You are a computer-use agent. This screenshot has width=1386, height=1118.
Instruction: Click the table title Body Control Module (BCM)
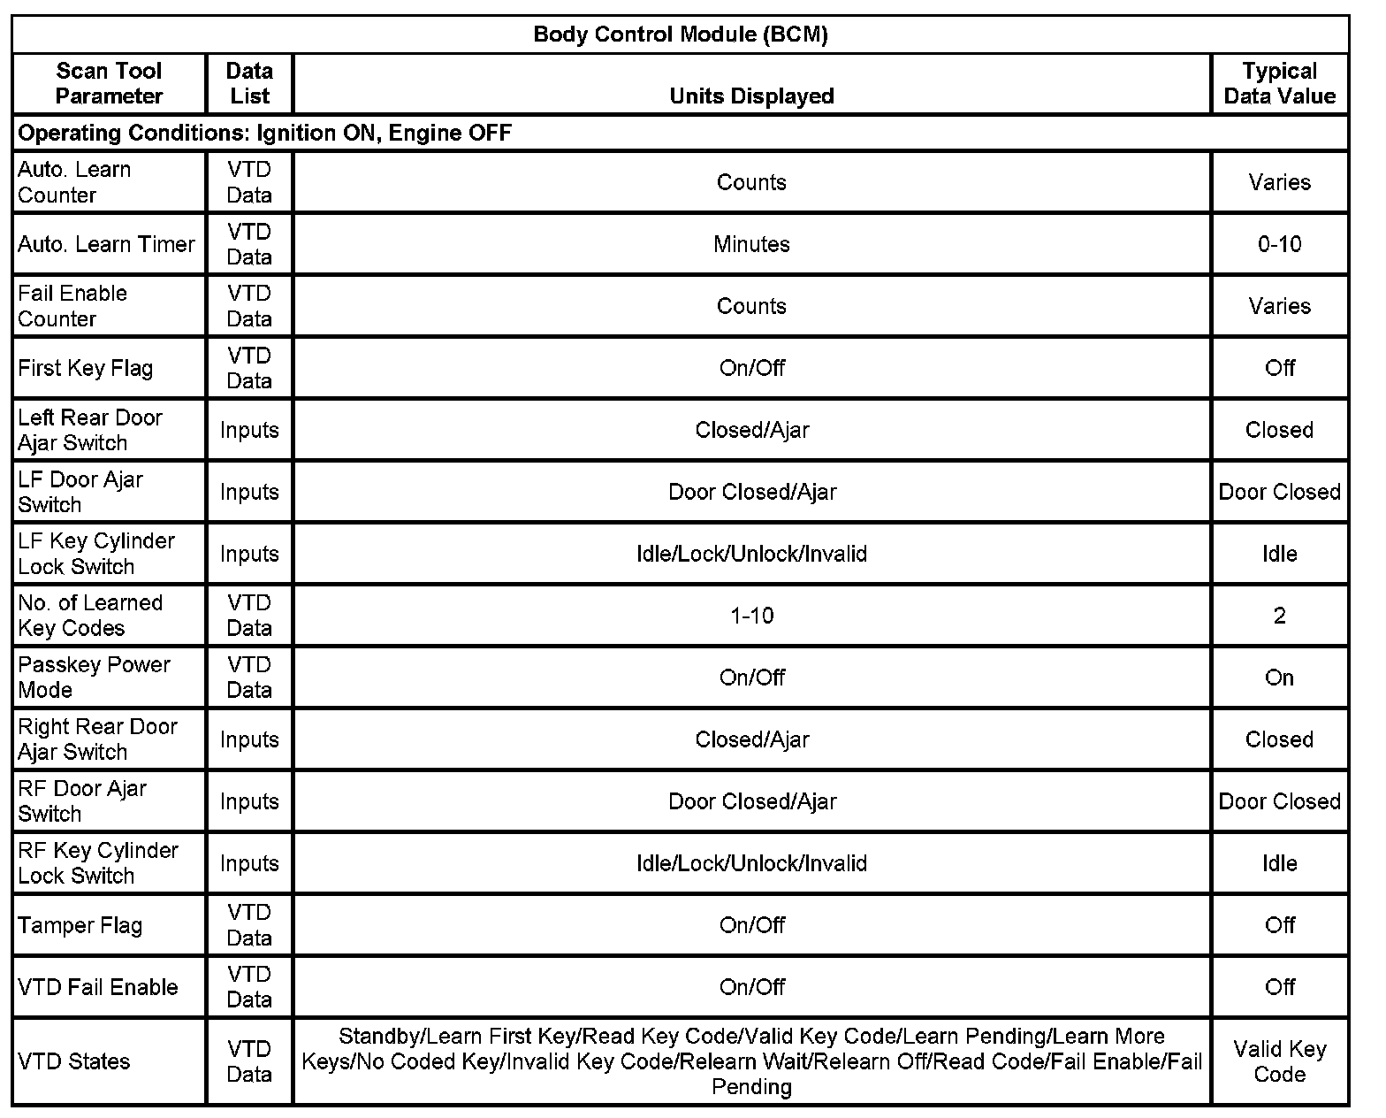click(x=680, y=34)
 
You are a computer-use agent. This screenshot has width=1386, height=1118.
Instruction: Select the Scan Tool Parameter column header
click(x=109, y=83)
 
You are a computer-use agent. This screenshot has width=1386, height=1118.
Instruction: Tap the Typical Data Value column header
click(x=1279, y=83)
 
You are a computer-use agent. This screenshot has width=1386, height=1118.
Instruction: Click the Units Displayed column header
click(x=751, y=96)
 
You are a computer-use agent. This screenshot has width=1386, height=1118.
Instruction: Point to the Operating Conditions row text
click(x=265, y=133)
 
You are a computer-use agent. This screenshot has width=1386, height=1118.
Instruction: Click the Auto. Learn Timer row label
click(x=106, y=244)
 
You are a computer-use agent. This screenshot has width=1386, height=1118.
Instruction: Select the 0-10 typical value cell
click(x=1279, y=244)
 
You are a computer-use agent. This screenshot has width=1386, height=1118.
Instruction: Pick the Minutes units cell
click(x=751, y=244)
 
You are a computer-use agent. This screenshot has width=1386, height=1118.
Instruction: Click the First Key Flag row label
click(x=86, y=368)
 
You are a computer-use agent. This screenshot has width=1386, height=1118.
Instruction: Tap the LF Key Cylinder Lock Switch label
click(x=96, y=554)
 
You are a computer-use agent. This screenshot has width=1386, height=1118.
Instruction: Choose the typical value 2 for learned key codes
click(x=1279, y=616)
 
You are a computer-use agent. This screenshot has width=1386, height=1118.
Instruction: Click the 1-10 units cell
click(x=751, y=616)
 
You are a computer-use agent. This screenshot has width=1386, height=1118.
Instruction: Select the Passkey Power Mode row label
click(x=94, y=678)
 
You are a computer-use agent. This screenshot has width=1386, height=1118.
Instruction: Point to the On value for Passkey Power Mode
click(x=1279, y=678)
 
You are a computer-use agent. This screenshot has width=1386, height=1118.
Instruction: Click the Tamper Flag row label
click(x=80, y=925)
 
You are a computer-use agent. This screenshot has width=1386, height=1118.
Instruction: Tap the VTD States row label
click(x=74, y=1061)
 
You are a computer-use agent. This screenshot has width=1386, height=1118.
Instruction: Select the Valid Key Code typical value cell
click(x=1279, y=1061)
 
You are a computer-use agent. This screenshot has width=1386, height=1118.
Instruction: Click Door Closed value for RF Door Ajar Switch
click(x=1279, y=801)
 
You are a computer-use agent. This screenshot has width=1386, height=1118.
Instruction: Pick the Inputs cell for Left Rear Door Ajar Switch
click(x=249, y=430)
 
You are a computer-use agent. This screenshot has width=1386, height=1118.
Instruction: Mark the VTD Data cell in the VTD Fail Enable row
click(x=249, y=987)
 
